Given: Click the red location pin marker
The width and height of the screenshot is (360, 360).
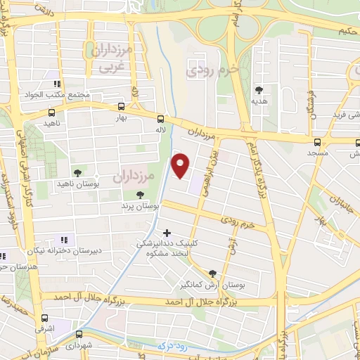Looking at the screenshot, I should coord(181,165).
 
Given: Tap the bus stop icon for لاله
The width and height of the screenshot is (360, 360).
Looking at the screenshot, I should coord(161,118).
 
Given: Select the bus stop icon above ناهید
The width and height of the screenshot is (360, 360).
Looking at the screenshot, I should coord(51,112).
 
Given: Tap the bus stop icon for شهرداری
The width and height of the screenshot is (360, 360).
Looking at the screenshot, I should coord(79,335).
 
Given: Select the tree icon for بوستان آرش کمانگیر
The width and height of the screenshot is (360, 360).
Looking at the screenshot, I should coord(212,274).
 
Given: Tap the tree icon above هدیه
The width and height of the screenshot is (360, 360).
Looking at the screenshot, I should coord(259,89).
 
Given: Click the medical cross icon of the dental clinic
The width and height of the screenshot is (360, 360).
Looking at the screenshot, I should coord(167,232).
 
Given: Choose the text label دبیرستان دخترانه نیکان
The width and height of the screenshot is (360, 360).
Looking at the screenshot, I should coord(65,251).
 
